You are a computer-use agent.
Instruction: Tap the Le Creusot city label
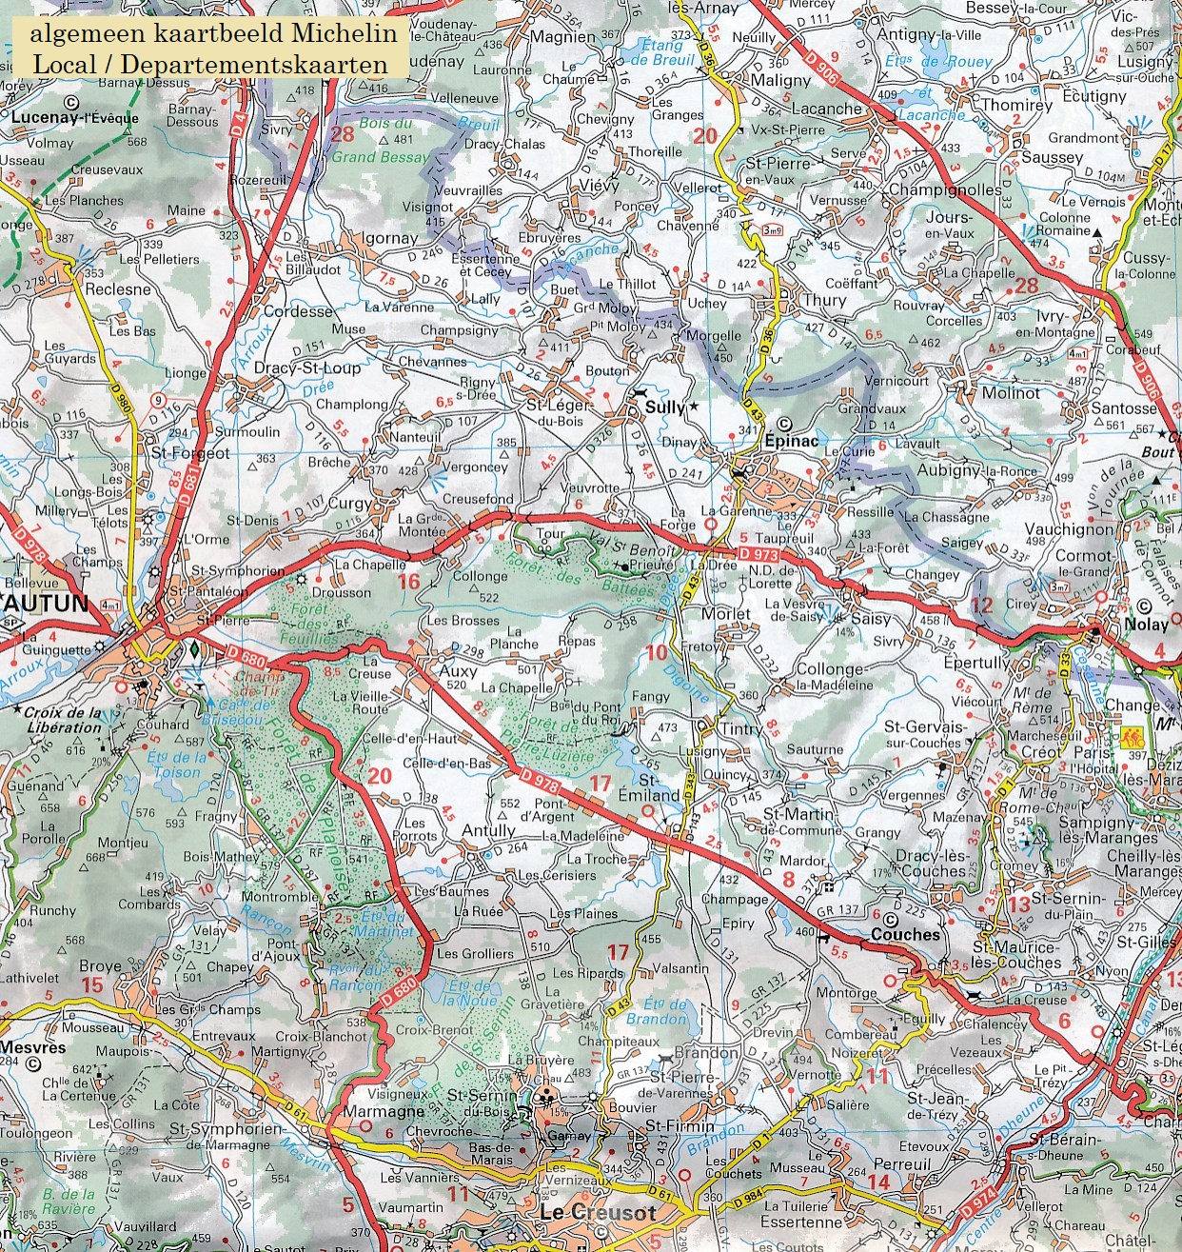[x=597, y=1213]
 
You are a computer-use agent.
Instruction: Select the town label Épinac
[x=791, y=441]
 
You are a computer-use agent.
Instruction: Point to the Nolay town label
[x=1146, y=625]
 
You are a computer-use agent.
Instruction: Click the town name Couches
[x=905, y=935]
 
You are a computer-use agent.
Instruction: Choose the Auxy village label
[x=458, y=670]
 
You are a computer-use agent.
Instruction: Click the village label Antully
[x=488, y=830]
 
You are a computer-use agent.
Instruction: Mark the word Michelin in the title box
[x=345, y=33]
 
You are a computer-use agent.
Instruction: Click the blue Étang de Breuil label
[x=660, y=52]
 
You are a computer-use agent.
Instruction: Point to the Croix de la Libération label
[x=63, y=720]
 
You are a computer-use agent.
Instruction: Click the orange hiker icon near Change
[x=1132, y=736]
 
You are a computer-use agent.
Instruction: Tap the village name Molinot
[x=1011, y=392]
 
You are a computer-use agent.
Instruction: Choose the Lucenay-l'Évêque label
[x=76, y=118]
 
